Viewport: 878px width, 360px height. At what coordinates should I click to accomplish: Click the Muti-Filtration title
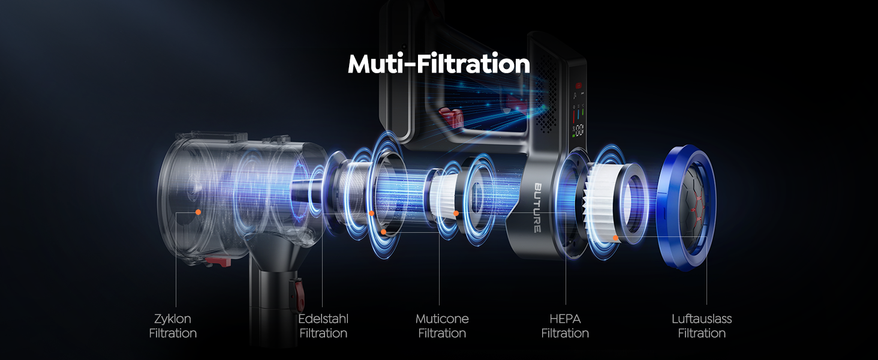coord(438,64)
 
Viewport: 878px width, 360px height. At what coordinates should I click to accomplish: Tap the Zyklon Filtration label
coord(173,326)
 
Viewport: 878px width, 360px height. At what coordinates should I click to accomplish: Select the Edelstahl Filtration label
coord(323,326)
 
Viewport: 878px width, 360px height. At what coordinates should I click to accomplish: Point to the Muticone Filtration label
coord(442,326)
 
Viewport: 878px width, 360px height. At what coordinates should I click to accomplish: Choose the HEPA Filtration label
coord(565,326)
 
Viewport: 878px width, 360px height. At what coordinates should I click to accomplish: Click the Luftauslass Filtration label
coord(702,326)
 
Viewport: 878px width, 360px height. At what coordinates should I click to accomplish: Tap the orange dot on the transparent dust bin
coord(199,212)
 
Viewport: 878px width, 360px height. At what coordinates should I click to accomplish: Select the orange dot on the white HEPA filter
coord(615,238)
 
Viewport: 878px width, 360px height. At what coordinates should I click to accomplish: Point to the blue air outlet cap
coord(687,208)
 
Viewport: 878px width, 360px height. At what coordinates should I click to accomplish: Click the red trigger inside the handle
coord(452,116)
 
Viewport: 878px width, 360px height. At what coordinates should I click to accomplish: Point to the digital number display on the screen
coord(579,130)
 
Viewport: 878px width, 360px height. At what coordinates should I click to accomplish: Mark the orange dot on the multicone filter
coord(456,214)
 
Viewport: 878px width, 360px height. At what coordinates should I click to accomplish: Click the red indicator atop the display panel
coord(578,85)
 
